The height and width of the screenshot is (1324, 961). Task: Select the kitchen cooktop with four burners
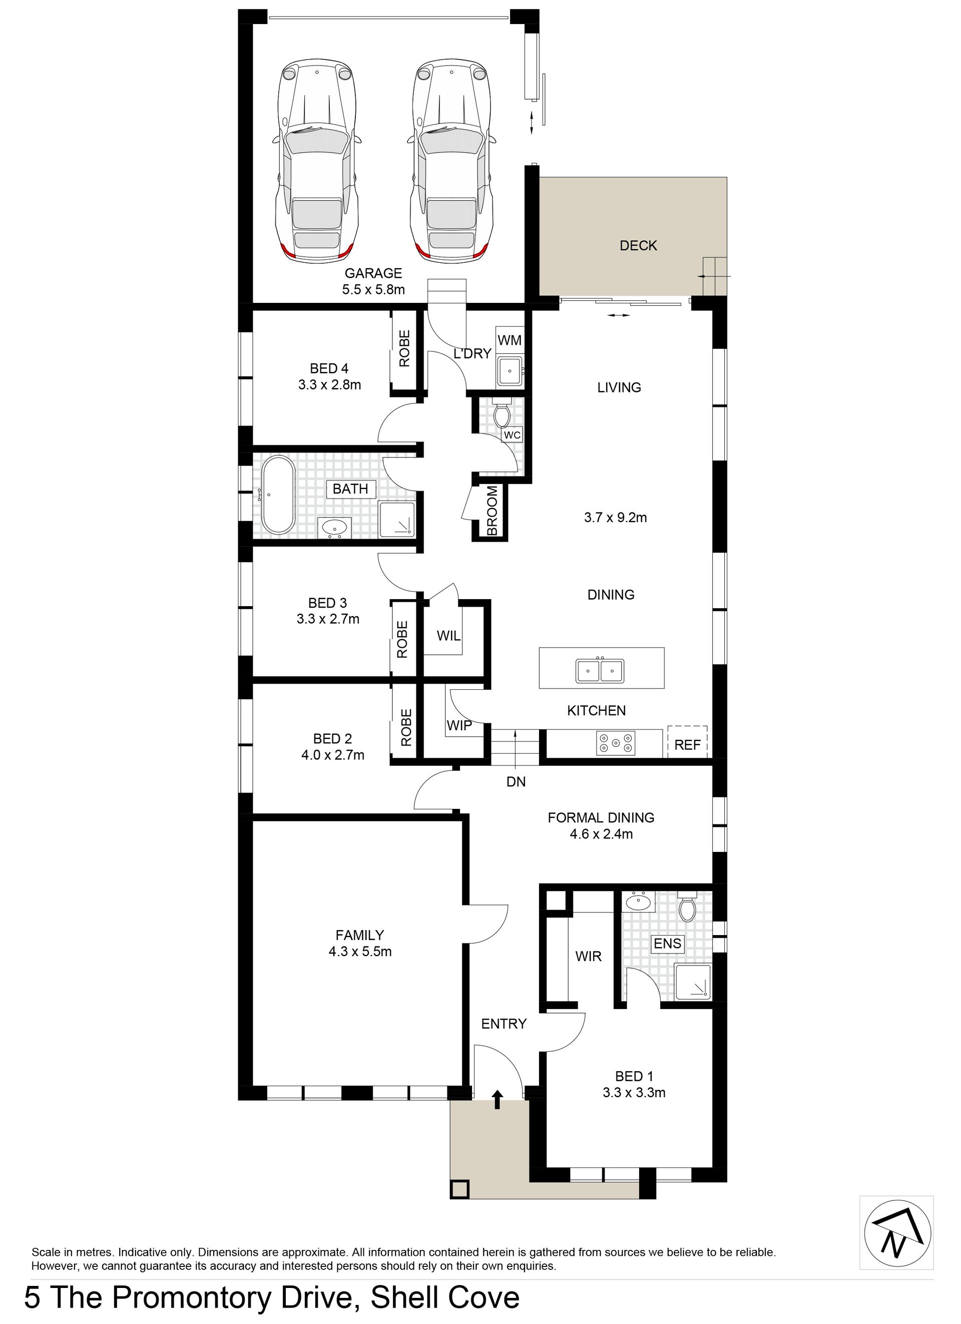(615, 743)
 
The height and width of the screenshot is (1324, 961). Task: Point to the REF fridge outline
(687, 741)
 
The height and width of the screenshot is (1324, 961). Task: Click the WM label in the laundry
(509, 340)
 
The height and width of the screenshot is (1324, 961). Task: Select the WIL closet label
(448, 636)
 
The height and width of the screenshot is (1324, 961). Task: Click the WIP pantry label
(459, 726)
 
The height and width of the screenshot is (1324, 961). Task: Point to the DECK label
(638, 246)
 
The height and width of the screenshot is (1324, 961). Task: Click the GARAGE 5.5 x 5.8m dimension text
(374, 289)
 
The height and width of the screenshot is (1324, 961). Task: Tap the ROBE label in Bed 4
(404, 348)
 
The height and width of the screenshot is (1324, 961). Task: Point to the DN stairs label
(516, 782)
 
